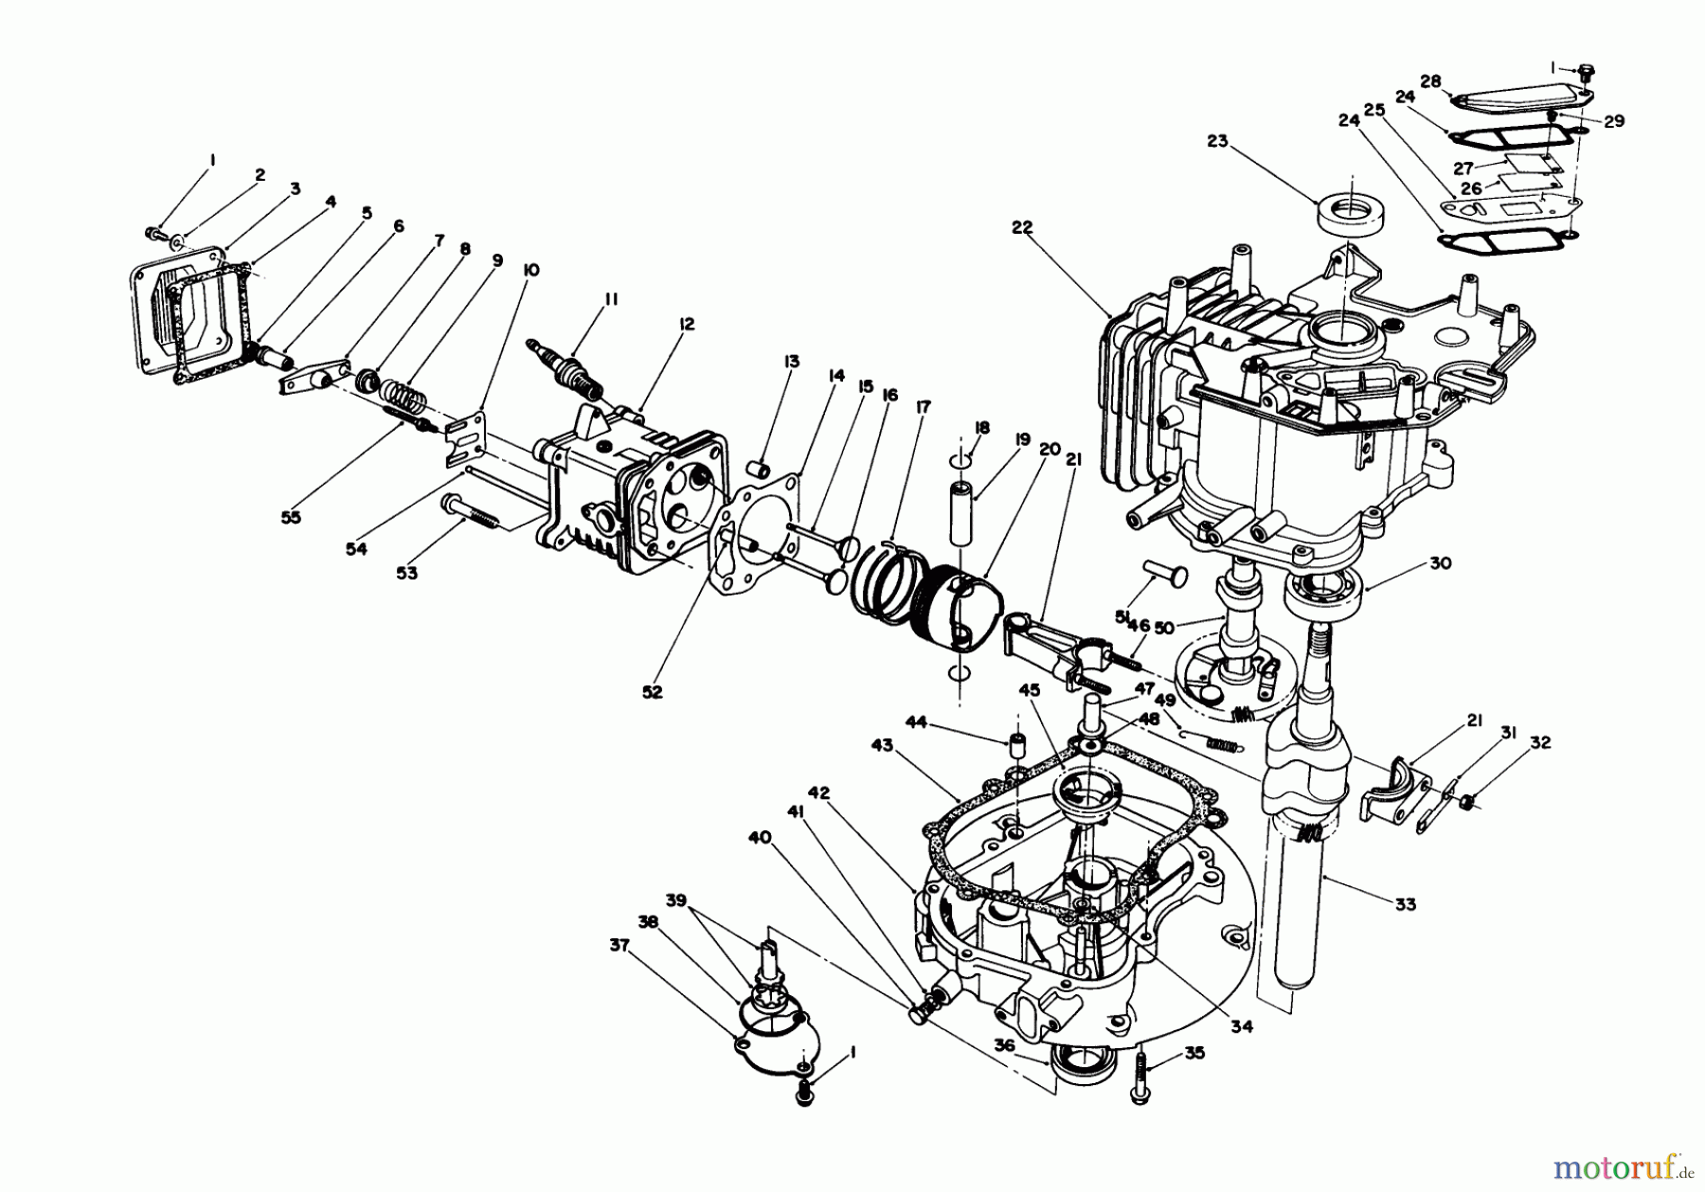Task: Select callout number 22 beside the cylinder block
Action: [x=1021, y=228]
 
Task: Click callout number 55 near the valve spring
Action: [x=291, y=518]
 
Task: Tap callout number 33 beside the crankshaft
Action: [x=1406, y=905]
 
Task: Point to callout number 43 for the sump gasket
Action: [x=882, y=746]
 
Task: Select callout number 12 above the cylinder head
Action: [x=687, y=325]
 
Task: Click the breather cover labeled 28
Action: [x=1525, y=100]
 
